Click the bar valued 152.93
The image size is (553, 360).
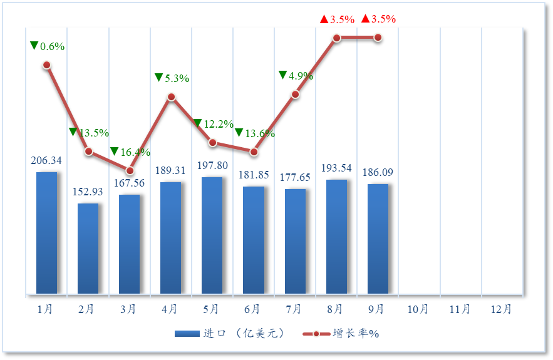click(88, 249)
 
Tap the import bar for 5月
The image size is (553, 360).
click(212, 235)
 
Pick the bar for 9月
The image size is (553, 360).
click(378, 239)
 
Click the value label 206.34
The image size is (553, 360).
click(46, 161)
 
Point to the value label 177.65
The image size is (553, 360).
click(295, 178)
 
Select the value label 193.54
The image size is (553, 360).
click(336, 168)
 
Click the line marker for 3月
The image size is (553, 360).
click(130, 170)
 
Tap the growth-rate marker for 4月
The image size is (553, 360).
click(171, 97)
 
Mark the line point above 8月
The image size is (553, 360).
click(336, 38)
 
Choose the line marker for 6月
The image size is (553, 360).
click(254, 152)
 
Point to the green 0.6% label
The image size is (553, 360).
click(48, 46)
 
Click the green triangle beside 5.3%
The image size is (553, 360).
click(158, 77)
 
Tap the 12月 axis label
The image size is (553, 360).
click(502, 309)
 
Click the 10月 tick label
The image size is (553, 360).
click(418, 309)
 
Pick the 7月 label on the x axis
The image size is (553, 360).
click(294, 309)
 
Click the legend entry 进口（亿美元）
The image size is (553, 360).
click(230, 333)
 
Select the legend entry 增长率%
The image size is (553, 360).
click(342, 333)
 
